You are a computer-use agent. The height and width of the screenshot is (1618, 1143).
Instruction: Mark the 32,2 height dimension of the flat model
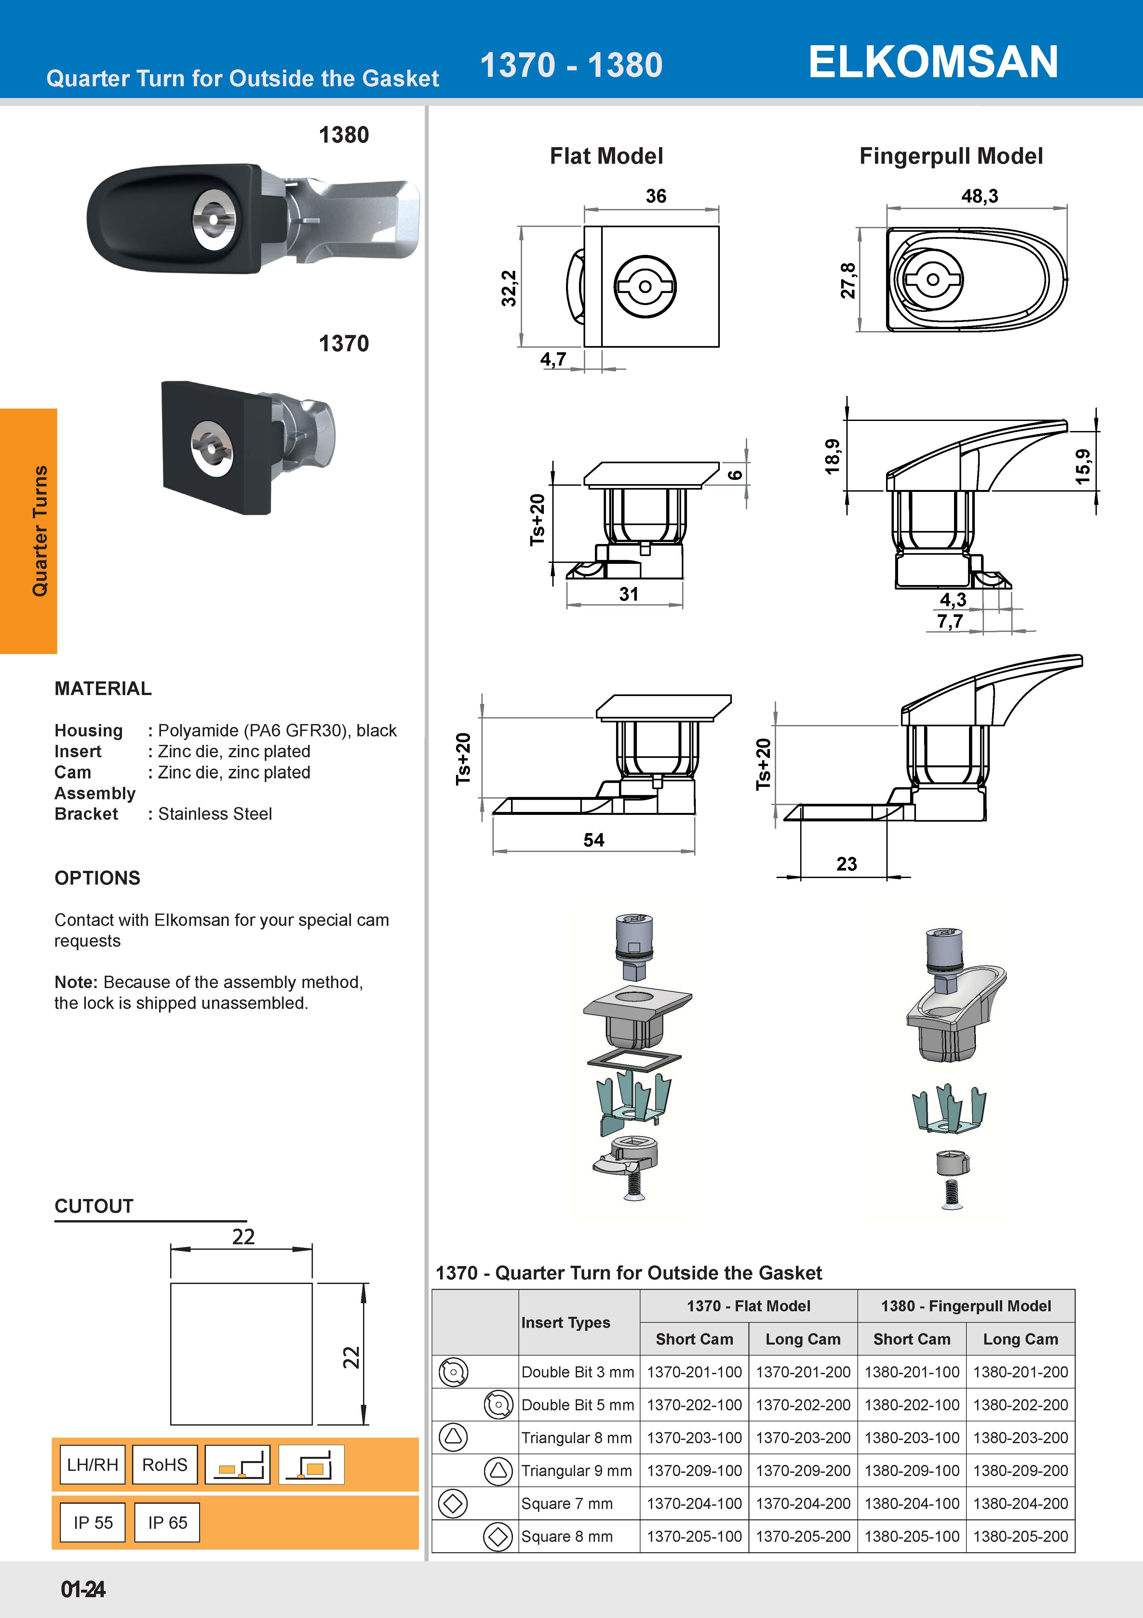tap(508, 288)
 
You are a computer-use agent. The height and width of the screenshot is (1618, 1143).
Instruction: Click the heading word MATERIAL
tap(103, 689)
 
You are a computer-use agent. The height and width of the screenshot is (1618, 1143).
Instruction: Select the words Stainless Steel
tap(215, 814)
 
